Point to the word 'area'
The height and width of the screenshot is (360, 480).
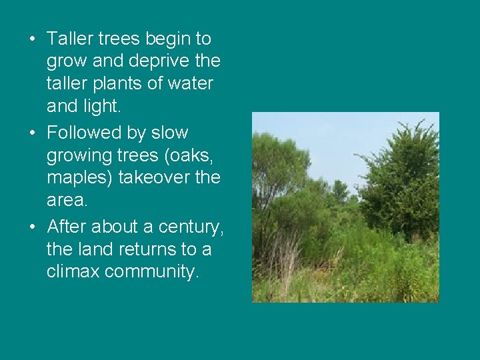pyautogui.click(x=64, y=201)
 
